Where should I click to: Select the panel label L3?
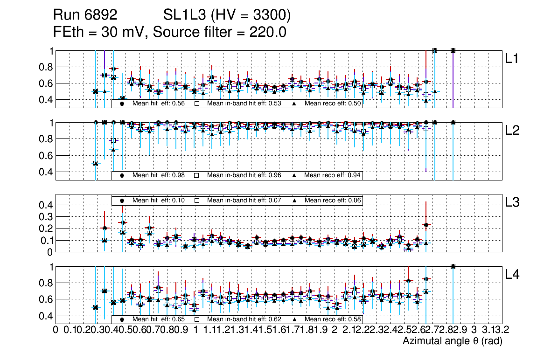pyautogui.click(x=512, y=202)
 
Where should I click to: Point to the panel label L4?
pyautogui.click(x=512, y=275)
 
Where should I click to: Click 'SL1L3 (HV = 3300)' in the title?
pyautogui.click(x=227, y=16)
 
